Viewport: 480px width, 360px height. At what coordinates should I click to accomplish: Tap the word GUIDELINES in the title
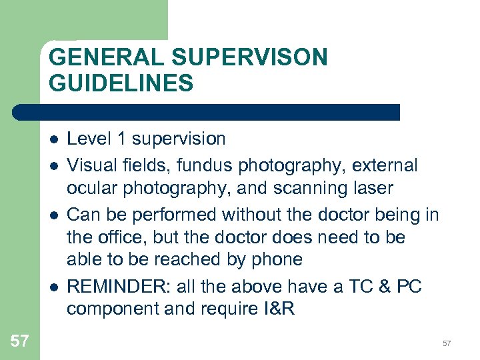tap(121, 83)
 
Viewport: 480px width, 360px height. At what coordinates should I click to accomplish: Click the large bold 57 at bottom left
tap(20, 341)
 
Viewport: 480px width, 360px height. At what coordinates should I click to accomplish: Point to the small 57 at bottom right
tap(447, 343)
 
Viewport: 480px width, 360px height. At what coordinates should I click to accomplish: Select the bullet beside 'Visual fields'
tap(53, 165)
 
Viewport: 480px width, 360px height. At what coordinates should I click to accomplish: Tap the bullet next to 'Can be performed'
tap(53, 215)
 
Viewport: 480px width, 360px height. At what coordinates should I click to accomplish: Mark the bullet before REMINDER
tap(53, 287)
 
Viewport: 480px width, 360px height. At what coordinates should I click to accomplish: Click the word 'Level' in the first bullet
tap(89, 139)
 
